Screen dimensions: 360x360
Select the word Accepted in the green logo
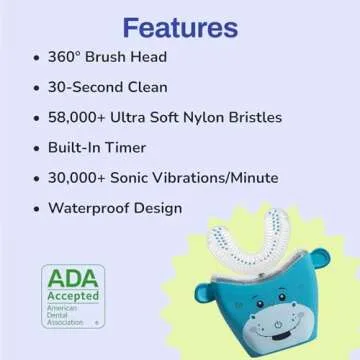click(69, 297)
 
